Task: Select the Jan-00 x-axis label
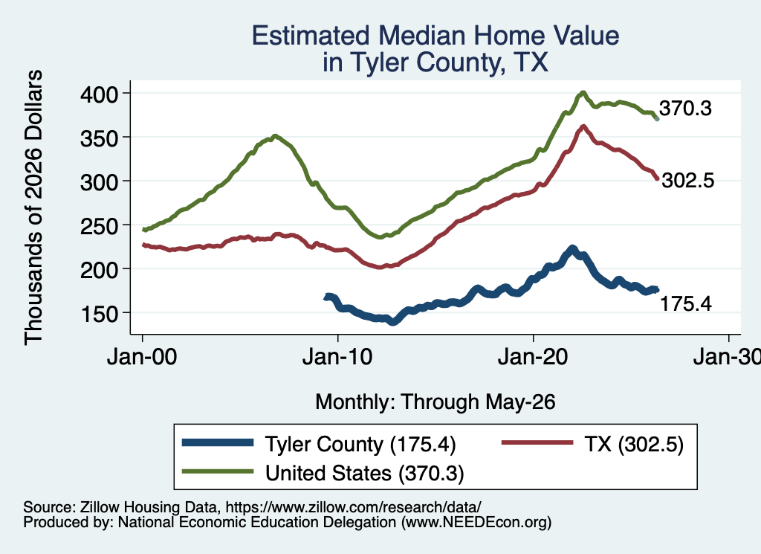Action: [142, 357]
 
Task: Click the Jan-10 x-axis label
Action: [337, 357]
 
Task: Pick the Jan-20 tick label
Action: [533, 357]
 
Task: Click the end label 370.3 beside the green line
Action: [685, 109]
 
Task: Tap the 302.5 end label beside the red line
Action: [688, 181]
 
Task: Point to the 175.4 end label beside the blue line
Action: [686, 304]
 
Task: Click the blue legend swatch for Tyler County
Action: [218, 442]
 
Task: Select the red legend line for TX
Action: [537, 442]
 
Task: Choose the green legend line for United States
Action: [218, 471]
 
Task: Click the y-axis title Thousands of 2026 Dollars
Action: [33, 207]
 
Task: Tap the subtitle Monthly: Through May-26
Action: [435, 402]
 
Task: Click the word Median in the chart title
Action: [422, 36]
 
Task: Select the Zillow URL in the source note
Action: [353, 507]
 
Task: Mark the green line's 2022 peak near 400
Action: [583, 92]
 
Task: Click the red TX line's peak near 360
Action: [583, 126]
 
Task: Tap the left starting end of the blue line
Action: [326, 297]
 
